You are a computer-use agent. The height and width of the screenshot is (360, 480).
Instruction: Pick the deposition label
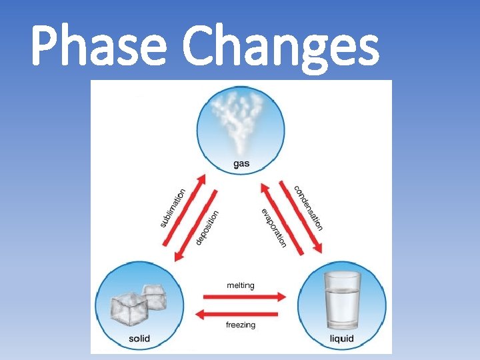[x=207, y=227]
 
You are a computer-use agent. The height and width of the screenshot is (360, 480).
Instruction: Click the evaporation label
[x=274, y=227]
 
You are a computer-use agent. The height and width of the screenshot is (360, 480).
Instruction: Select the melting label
[x=240, y=285]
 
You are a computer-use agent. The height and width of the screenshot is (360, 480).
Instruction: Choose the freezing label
[x=240, y=325]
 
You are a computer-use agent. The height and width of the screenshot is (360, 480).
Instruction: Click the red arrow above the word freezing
[x=241, y=313]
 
